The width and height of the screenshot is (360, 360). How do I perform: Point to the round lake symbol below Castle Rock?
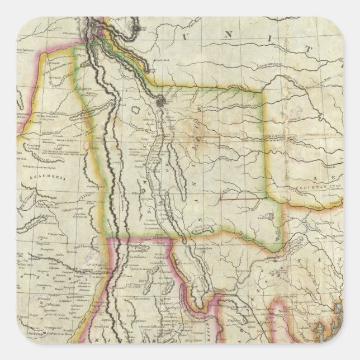point(162,101)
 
